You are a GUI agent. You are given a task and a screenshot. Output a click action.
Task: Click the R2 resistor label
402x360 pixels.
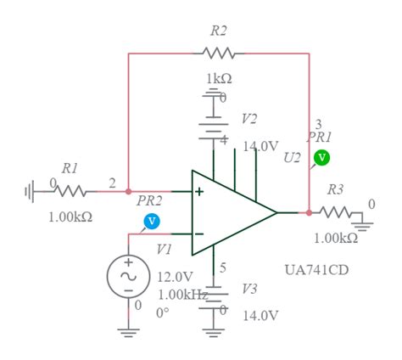[219, 31]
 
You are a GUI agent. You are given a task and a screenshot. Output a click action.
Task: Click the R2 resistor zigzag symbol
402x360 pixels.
[219, 53]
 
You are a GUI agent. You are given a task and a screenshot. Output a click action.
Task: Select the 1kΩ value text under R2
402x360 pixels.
[219, 79]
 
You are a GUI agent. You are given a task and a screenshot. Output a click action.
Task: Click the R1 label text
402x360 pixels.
[70, 168]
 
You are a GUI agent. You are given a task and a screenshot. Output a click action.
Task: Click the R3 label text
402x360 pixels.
[336, 189]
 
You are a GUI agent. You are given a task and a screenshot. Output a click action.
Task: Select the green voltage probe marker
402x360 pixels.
[321, 157]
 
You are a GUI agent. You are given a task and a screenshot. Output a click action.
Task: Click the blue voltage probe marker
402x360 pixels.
[152, 222]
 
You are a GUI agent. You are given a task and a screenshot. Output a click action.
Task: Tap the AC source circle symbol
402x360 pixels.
[128, 276]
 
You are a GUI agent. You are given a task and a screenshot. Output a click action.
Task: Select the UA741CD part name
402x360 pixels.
[316, 270]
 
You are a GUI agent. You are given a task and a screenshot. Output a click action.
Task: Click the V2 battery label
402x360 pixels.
[249, 118]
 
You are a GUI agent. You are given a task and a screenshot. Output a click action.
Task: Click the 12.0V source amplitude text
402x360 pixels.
[176, 277]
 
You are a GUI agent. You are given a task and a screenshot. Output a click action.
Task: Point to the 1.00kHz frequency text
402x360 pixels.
[182, 294]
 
